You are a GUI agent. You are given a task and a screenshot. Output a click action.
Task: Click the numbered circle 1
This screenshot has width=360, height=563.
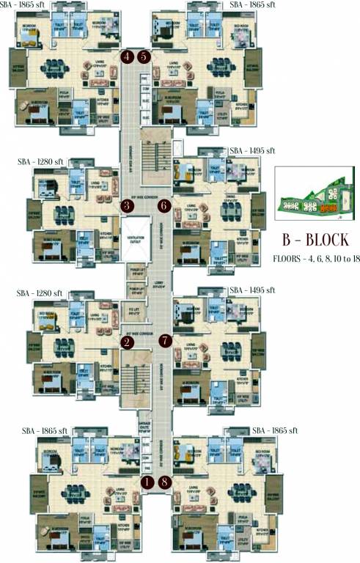(147, 482)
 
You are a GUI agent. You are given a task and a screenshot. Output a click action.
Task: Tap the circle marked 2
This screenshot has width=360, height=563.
(127, 342)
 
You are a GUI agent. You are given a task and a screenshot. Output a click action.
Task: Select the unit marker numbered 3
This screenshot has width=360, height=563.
(127, 206)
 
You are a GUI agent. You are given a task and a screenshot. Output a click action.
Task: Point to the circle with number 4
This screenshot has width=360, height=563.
(128, 56)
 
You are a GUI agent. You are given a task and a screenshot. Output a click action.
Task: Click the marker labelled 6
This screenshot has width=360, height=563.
(164, 206)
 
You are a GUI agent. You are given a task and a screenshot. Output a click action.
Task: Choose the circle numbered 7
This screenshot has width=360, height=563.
(164, 340)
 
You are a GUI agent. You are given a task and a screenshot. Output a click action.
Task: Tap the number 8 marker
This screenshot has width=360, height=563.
(164, 482)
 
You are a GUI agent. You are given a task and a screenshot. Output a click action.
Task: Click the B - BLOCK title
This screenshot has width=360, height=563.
(315, 240)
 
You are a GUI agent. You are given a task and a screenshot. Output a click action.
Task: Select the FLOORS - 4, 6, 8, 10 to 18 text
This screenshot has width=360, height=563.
(315, 259)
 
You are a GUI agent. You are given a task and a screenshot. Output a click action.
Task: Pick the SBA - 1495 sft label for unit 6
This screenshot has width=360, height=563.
(251, 150)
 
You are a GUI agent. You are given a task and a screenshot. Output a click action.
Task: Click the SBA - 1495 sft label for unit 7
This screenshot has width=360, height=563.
(251, 290)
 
